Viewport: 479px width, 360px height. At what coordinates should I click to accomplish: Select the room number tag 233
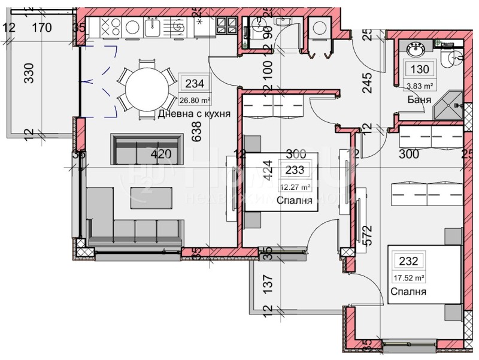click(x=295, y=170)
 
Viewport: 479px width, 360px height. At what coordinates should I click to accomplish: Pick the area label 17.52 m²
click(x=409, y=277)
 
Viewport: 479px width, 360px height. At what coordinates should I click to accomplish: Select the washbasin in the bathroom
click(x=414, y=50)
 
